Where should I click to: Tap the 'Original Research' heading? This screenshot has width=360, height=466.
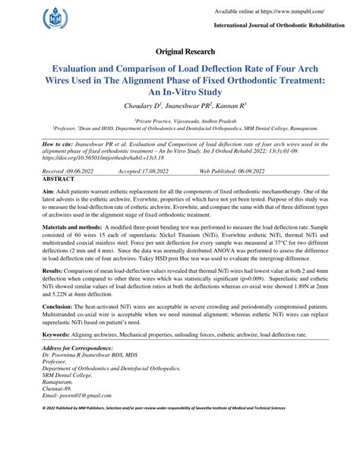pos(179,52)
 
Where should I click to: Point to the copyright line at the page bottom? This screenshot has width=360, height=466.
pos(179,452)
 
